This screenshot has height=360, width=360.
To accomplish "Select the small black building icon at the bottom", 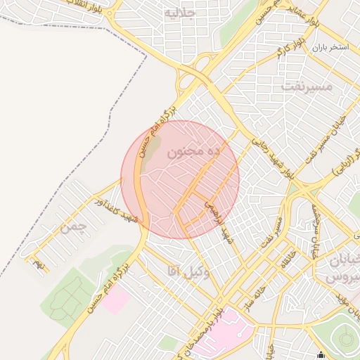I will tap(321, 354).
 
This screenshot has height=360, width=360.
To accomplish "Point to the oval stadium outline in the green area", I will tap(345, 339).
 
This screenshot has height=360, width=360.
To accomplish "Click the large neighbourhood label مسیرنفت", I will tap(305, 86).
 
